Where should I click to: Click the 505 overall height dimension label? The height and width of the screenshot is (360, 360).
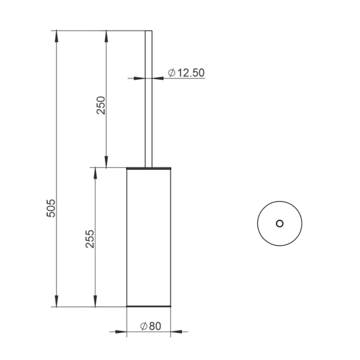[51, 208]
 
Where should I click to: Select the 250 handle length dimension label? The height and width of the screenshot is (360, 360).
[101, 106]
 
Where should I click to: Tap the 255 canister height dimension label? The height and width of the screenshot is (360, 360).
[90, 239]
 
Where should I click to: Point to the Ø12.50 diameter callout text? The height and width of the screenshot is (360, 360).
[186, 73]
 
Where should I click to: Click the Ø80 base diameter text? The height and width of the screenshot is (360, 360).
[151, 326]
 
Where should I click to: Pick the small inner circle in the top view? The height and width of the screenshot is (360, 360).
[280, 220]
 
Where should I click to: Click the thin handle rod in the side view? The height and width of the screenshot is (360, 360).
[149, 99]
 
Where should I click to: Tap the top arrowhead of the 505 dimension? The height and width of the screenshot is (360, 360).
[56, 36]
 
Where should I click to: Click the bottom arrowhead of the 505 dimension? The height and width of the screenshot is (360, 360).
[56, 301]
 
